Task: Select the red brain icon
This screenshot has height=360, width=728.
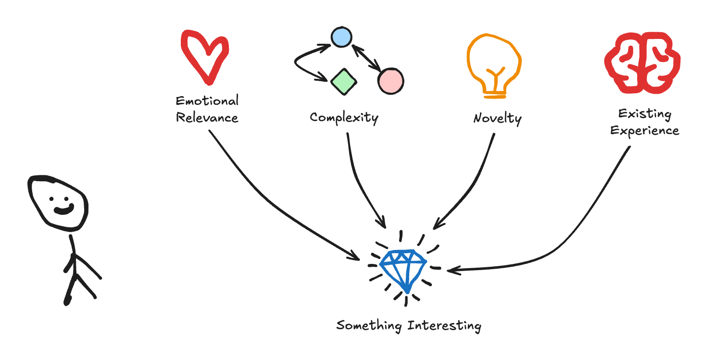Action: pyautogui.click(x=642, y=62)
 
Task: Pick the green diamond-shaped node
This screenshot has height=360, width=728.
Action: pyautogui.click(x=343, y=82)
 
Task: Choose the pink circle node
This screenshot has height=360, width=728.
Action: pyautogui.click(x=390, y=80)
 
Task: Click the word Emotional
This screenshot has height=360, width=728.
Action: pyautogui.click(x=207, y=101)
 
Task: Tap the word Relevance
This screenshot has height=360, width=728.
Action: pyautogui.click(x=207, y=118)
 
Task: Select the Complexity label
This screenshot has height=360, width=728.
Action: pyautogui.click(x=344, y=118)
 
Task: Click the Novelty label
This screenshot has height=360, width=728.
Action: pyautogui.click(x=497, y=118)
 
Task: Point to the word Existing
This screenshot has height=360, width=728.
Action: pyautogui.click(x=644, y=114)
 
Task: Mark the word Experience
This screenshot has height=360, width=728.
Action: pyautogui.click(x=644, y=131)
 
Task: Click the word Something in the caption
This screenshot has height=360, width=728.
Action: pyautogui.click(x=369, y=325)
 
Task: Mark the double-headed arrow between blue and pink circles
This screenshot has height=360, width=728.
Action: pyautogui.click(x=366, y=59)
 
